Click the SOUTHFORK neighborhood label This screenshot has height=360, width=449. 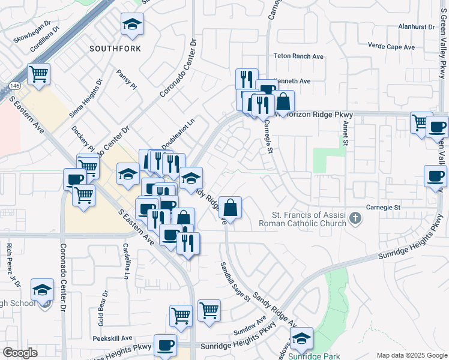pos(115,47)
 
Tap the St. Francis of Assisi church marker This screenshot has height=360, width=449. pos(356,218)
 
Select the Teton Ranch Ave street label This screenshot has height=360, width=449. pos(298,56)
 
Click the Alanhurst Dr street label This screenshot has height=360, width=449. pos(416,27)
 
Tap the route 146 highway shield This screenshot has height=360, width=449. pos(13,86)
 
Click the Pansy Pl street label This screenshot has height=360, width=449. pos(127,79)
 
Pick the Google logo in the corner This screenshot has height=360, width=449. pos(20,353)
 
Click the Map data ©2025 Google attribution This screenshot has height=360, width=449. pos(412,355)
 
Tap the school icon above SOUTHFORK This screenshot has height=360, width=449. pos(132,25)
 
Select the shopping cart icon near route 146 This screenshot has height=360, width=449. pos(39,74)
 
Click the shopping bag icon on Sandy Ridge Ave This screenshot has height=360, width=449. pos(230,208)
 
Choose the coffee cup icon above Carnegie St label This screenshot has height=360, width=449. pos(436,176)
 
